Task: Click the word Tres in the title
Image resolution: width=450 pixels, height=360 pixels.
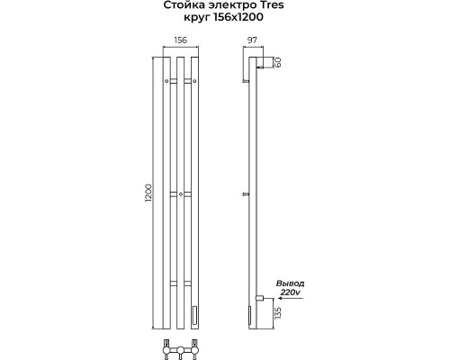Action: pyautogui.click(x=273, y=5)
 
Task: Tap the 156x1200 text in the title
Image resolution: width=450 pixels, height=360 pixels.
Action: pyautogui.click(x=238, y=17)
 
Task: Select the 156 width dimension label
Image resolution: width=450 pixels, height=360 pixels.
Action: pyautogui.click(x=180, y=40)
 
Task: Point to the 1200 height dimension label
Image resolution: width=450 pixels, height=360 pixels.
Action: pyautogui.click(x=148, y=193)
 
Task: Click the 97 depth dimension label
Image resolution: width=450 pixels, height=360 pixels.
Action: pyautogui.click(x=252, y=40)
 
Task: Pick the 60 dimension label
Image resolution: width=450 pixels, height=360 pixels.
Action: pyautogui.click(x=277, y=62)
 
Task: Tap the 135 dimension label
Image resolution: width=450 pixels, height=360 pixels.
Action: pyautogui.click(x=278, y=313)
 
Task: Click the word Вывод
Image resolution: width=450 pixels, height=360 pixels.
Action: pyautogui.click(x=290, y=283)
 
